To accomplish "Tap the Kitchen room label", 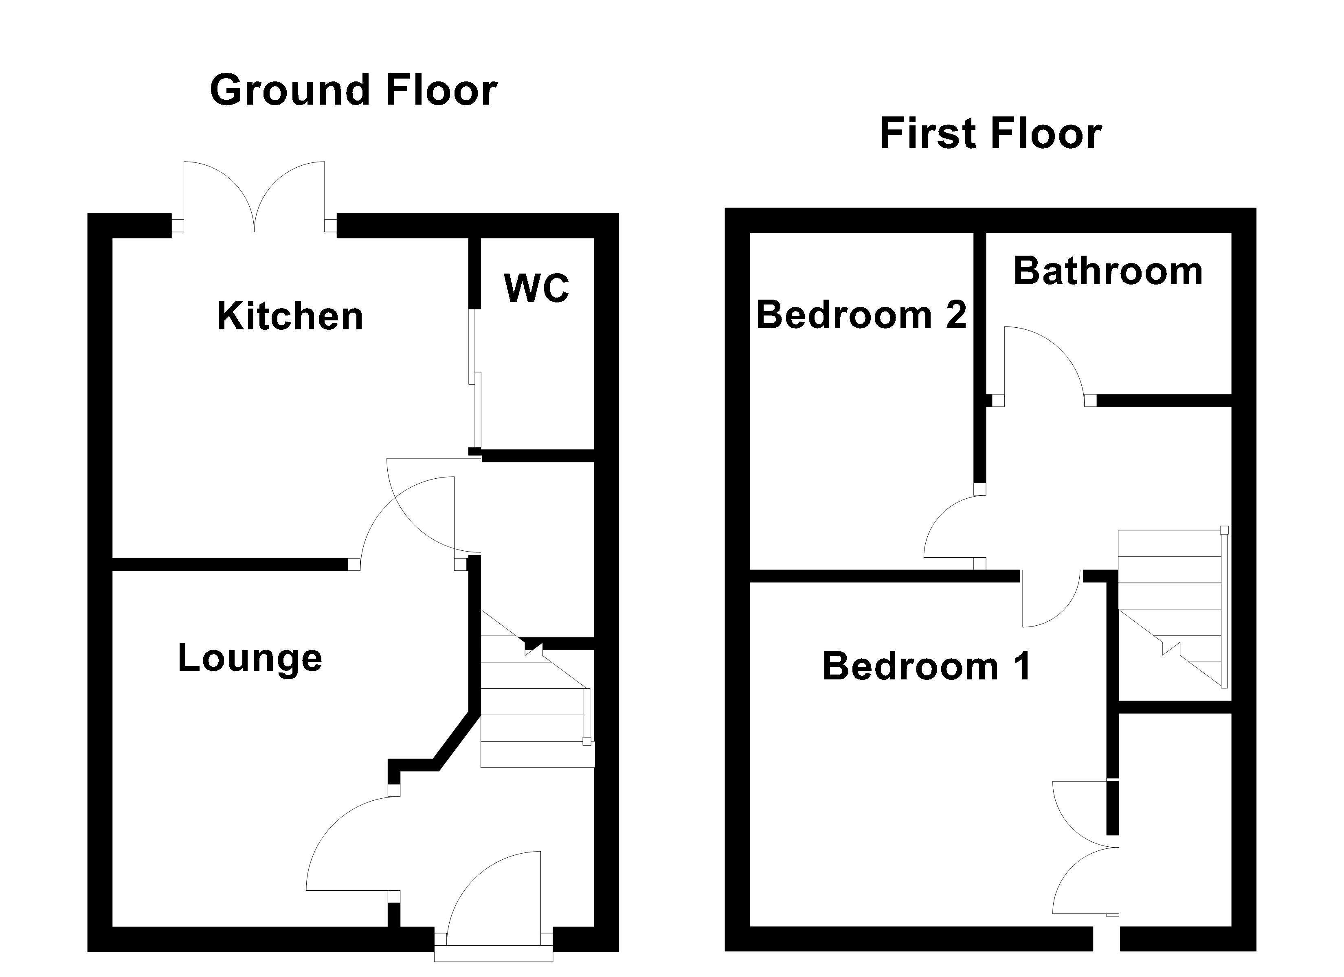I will pos(290,316).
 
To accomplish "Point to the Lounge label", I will pos(250,658).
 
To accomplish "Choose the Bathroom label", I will pos(1107,272).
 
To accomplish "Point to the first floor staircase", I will pos(1171,610).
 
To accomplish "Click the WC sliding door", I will pos(476,379).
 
